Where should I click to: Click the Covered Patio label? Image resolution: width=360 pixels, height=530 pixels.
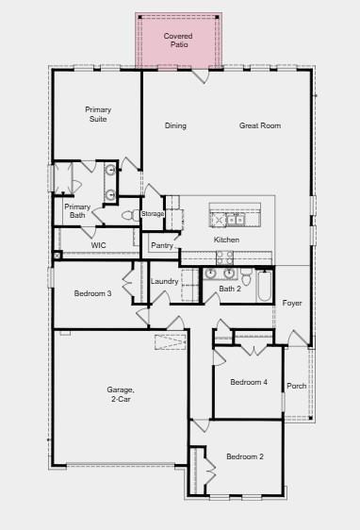pos(178,40)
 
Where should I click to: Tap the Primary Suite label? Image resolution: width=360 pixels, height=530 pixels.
pos(98,114)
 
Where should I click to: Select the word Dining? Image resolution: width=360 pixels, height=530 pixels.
pos(175,125)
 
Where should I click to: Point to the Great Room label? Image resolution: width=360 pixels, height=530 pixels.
pos(260,125)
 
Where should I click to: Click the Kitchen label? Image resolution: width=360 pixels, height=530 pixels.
pos(226,240)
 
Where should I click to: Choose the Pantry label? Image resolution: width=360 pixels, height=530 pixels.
pos(162,245)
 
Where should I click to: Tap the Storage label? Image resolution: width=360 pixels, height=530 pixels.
pos(153,214)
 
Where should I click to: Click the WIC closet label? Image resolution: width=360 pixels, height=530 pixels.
pos(98,245)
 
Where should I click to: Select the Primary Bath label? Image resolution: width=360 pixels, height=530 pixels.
pos(77,211)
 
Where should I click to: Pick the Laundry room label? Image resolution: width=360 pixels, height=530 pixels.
pos(164,281)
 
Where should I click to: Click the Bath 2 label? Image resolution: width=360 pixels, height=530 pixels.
pos(231,289)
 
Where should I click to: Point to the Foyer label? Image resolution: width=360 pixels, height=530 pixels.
pos(292,303)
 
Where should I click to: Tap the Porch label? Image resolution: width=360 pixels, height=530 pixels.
pos(296,386)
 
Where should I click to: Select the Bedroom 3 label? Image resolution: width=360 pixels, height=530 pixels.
pos(93,294)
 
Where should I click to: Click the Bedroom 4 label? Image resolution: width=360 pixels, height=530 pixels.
pos(249,382)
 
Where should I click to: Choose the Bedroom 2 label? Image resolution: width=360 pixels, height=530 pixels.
pos(244,457)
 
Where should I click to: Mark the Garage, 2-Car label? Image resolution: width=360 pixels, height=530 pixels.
pos(121,393)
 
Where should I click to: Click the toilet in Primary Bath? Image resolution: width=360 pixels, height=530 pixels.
pos(127,215)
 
